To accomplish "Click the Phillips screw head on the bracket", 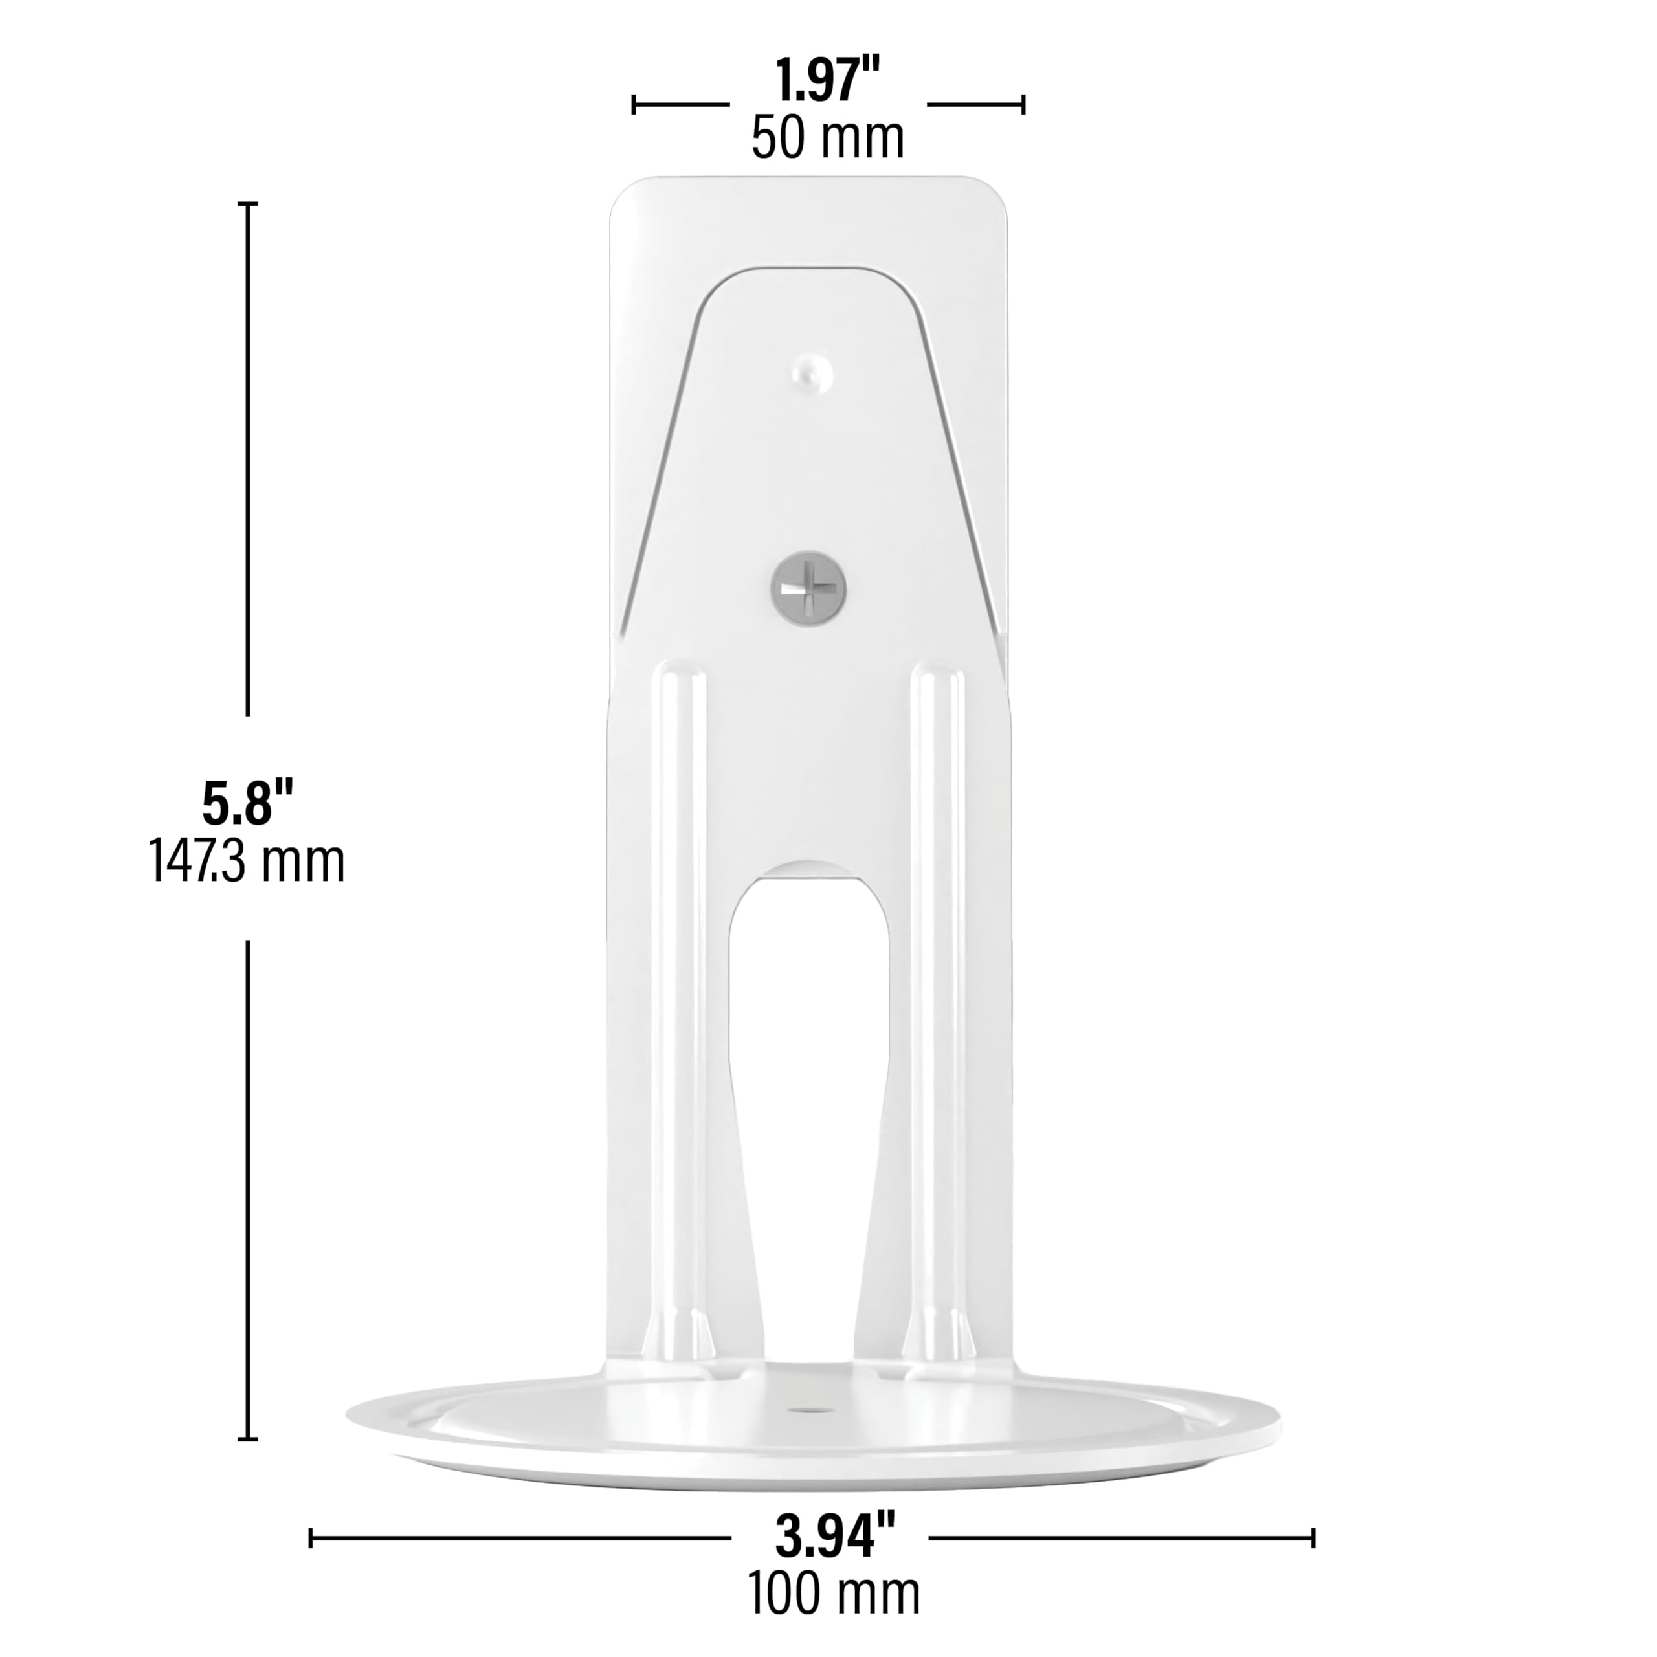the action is pos(809,586).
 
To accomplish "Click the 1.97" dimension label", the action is pos(828,81).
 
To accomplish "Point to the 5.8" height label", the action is pos(248,804).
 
